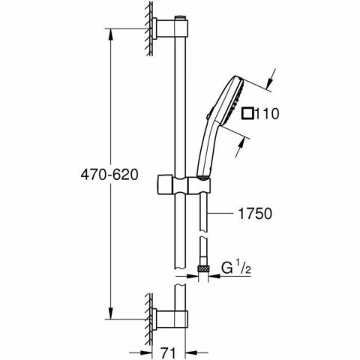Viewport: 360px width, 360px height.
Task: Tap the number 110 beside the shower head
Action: coord(268,115)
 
